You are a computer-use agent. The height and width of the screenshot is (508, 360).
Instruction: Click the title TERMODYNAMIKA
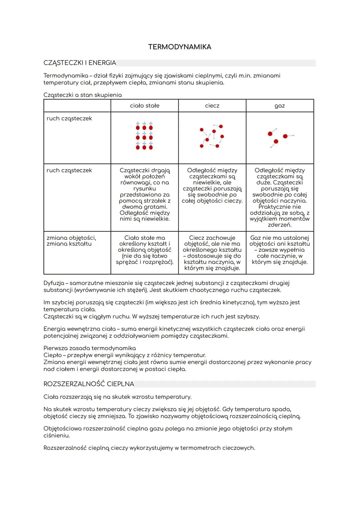tap(180, 47)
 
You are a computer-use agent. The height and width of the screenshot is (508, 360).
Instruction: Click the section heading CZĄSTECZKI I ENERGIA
tap(80, 63)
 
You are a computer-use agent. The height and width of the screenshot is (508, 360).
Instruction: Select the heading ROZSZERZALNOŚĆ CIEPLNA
tap(89, 384)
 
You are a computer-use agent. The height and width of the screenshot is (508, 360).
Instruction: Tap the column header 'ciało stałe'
tap(145, 106)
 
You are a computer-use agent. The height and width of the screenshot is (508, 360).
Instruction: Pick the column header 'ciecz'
tap(212, 106)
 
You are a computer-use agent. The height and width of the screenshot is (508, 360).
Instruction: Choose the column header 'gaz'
tap(280, 106)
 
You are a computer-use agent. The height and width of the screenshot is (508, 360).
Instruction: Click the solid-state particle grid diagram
tap(144, 136)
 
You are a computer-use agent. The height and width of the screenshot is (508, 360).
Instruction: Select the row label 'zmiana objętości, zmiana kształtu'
tap(71, 241)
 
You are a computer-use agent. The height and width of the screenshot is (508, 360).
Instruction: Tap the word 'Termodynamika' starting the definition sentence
tap(66, 76)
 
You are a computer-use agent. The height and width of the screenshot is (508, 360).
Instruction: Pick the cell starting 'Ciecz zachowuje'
tap(212, 253)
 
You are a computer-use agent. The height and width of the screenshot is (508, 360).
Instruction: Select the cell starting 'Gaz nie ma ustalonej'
tap(280, 250)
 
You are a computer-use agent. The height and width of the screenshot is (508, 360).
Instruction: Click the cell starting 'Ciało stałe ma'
tap(145, 250)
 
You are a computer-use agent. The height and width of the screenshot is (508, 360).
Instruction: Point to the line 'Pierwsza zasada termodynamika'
tap(90, 348)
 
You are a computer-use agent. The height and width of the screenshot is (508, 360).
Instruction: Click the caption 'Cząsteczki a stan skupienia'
tap(83, 95)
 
